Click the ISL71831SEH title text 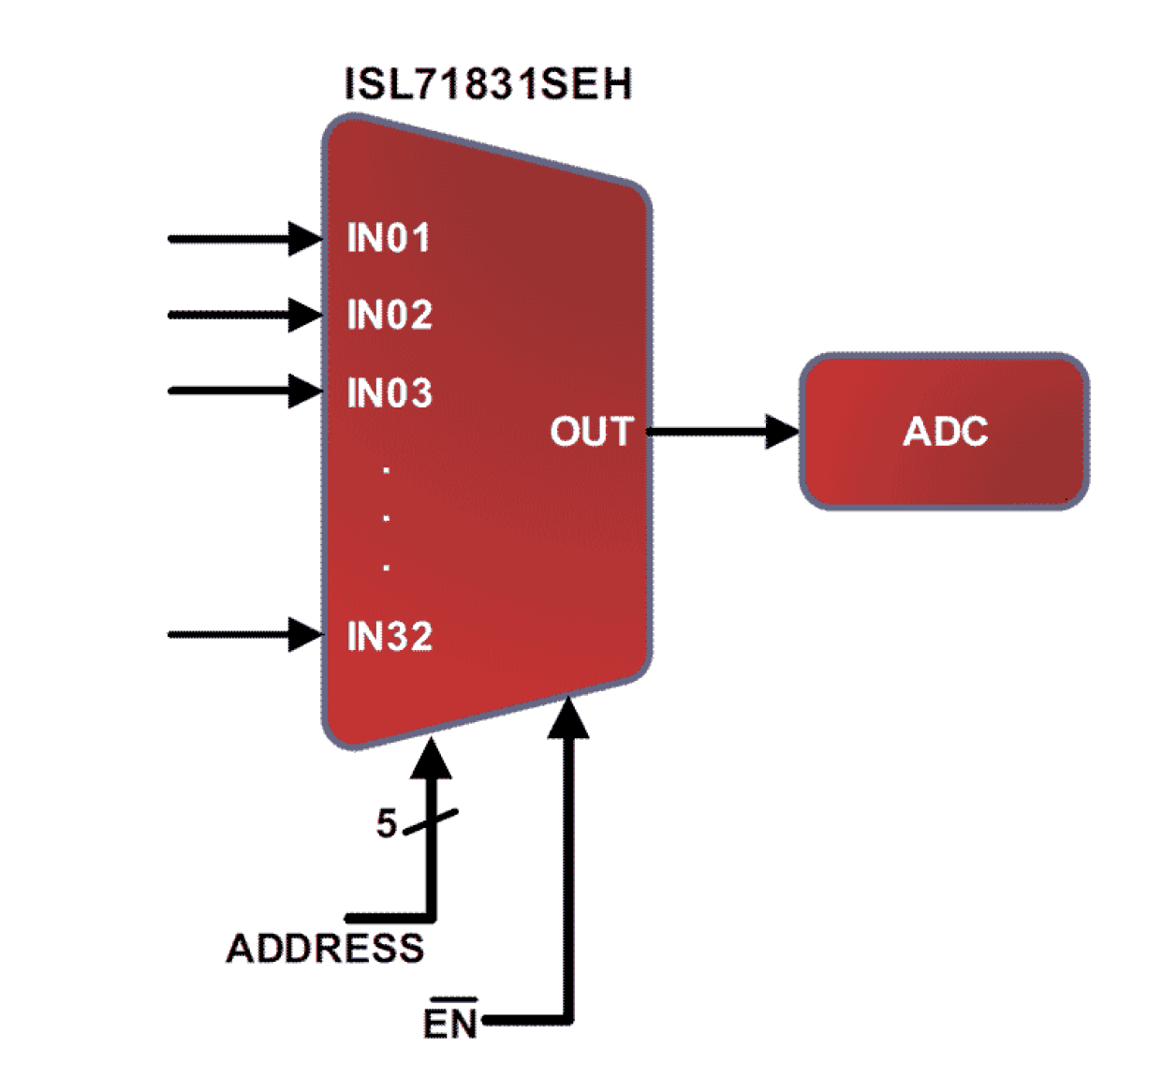tap(488, 84)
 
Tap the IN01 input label tap(389, 238)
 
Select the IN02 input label tap(390, 315)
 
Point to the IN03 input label tap(390, 392)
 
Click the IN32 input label tap(390, 637)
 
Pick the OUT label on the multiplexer tap(591, 432)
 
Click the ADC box tap(944, 432)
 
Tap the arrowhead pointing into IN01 tap(305, 238)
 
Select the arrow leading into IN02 tap(243, 315)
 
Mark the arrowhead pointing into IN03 tap(305, 391)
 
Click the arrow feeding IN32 tap(243, 634)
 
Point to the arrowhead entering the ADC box tap(782, 432)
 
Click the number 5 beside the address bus tap(386, 823)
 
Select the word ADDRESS tap(325, 949)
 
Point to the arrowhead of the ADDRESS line tap(432, 760)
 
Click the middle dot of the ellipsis tap(387, 517)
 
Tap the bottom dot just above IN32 tap(387, 567)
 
